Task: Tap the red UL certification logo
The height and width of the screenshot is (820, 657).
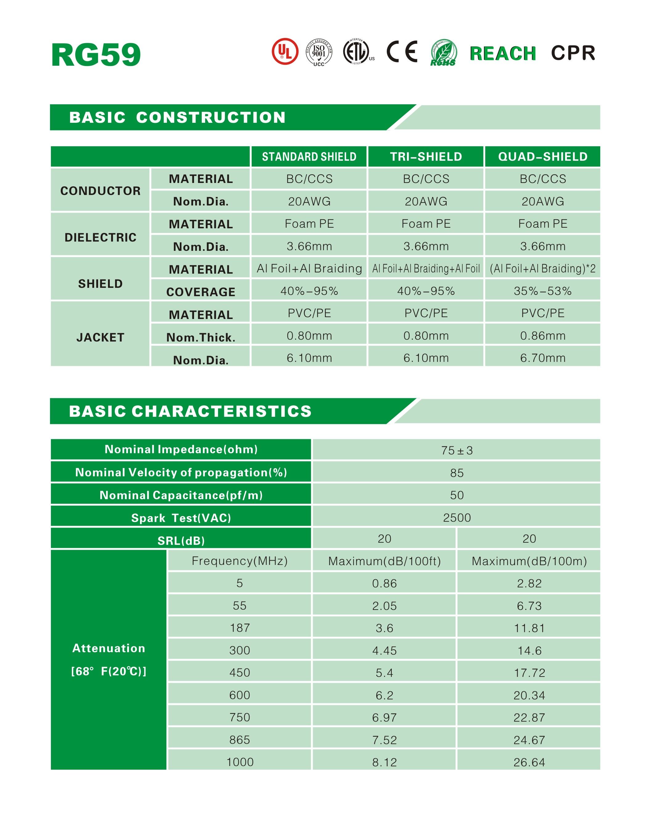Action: coord(285,51)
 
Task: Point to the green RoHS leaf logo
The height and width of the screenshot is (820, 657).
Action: coord(443,52)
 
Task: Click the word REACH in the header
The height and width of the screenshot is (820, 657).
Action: coord(503,53)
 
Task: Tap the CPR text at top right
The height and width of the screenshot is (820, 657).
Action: coord(573,53)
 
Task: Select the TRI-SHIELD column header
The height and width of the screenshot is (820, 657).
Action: coord(426,157)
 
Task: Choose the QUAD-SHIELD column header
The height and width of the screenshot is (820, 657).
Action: coord(543,157)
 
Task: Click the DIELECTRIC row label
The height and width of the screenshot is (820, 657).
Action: coord(100,237)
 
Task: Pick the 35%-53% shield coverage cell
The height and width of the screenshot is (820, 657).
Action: coord(543,291)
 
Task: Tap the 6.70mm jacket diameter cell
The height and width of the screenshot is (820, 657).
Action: coord(543,358)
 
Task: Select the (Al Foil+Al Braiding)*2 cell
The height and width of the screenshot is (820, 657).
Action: coord(543,268)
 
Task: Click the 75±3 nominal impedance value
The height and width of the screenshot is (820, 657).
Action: coord(457,450)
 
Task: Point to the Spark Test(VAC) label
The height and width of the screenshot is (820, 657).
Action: coord(181,518)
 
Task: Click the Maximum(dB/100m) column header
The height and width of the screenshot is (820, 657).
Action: coord(529,561)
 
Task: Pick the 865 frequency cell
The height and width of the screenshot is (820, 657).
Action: coord(240,740)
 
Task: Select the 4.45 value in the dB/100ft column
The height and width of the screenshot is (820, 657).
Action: coord(384,650)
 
